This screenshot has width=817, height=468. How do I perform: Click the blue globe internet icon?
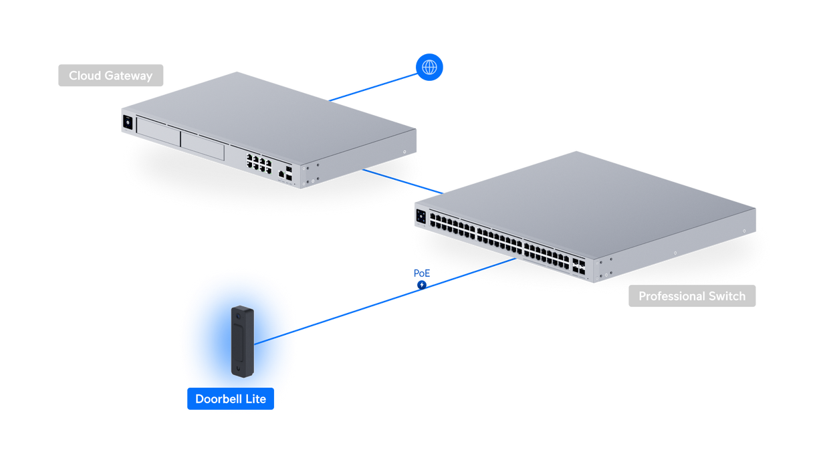click(429, 67)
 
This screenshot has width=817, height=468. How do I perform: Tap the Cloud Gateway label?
click(110, 76)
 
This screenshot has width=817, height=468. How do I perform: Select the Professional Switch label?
click(692, 296)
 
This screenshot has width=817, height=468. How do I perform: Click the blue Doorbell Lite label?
click(231, 398)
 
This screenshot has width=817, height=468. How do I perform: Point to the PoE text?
click(422, 273)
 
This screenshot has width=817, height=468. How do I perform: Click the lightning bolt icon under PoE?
click(422, 285)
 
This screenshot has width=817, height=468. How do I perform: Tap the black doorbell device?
click(243, 342)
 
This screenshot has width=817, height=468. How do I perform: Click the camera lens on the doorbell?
click(238, 316)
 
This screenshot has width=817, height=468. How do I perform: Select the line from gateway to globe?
click(373, 87)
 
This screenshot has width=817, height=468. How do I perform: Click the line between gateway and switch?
click(402, 181)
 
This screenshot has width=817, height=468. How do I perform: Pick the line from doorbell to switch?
click(385, 302)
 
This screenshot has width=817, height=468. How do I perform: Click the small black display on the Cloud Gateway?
click(128, 122)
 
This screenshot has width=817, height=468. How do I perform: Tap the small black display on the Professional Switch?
click(421, 217)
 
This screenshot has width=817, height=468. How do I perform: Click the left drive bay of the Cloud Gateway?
click(158, 131)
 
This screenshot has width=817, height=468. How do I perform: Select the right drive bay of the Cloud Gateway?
click(203, 146)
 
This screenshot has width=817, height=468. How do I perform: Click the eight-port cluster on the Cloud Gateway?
click(259, 164)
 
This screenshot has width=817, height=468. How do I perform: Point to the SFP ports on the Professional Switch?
click(579, 266)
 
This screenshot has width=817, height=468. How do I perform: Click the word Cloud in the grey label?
click(85, 76)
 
